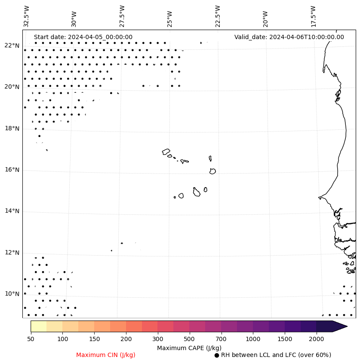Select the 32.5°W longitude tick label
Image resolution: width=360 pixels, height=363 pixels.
pos(27,16)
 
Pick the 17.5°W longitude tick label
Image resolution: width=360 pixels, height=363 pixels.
pos(313,16)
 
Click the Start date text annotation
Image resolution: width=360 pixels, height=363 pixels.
pos(83,37)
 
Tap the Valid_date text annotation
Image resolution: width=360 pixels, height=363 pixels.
pos(289,37)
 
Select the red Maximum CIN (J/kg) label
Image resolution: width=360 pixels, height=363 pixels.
pos(106,355)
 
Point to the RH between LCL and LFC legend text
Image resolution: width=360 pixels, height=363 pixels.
pos(276,355)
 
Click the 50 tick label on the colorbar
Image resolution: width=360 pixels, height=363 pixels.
pos(31,339)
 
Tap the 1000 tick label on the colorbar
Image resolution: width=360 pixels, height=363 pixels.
pos(253,339)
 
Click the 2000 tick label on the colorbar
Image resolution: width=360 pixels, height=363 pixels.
pos(317,339)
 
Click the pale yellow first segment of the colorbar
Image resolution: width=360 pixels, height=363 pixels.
pos(38,326)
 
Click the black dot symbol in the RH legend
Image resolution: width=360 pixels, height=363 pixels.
pos(217,355)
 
